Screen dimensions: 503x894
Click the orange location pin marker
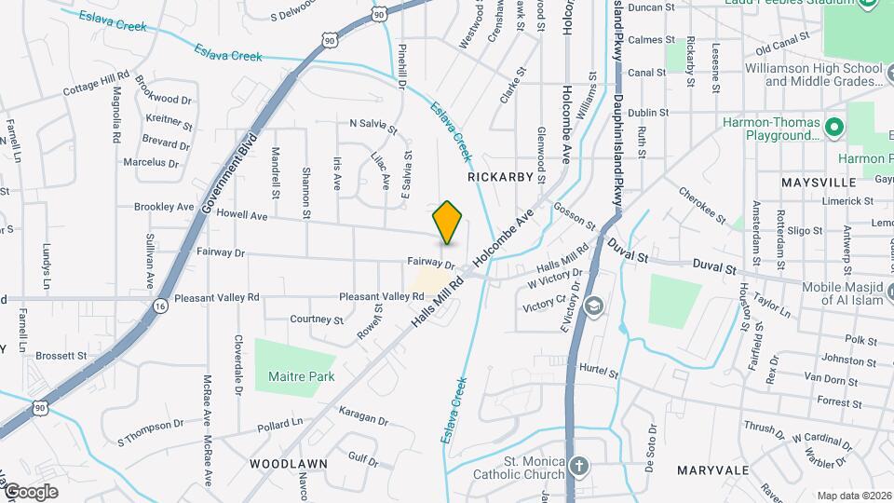coord(448,222)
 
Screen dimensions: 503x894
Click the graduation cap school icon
coord(593,305)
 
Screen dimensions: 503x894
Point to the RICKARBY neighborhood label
coord(500,176)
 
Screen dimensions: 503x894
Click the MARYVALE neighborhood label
coord(713,469)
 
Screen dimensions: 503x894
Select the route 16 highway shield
coord(160,305)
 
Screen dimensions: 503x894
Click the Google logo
coord(31,492)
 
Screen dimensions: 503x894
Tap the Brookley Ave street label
coord(164,207)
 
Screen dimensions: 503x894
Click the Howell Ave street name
coord(242,215)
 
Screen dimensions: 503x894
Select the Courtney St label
coord(318,319)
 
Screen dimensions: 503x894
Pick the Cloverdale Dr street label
coord(238,362)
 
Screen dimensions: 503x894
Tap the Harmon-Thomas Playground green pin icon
coord(835,126)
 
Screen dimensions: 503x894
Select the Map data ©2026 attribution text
coord(853,496)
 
